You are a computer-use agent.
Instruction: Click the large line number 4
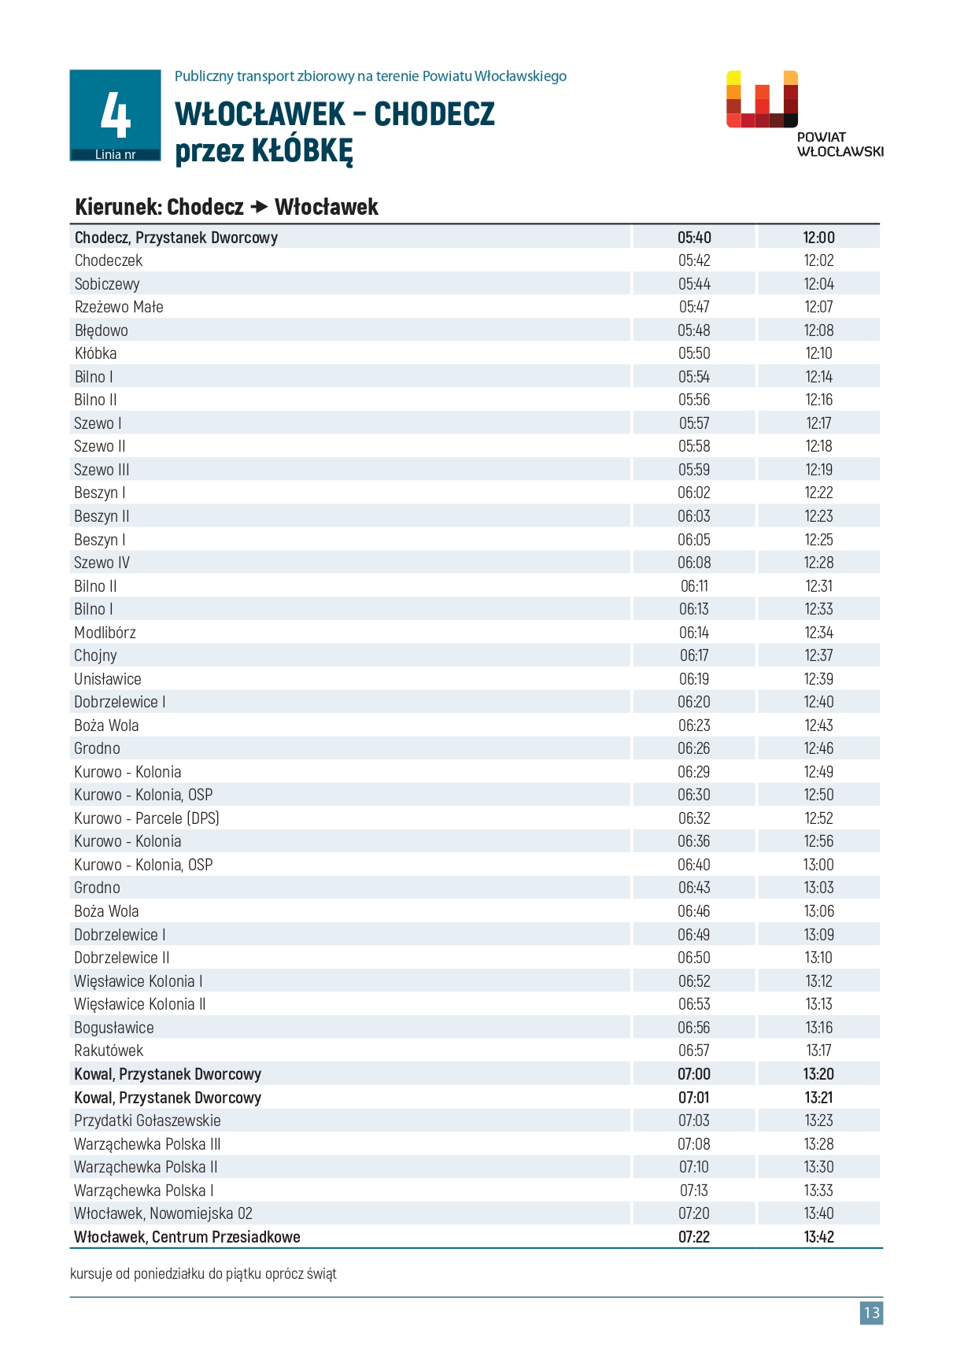point(115,115)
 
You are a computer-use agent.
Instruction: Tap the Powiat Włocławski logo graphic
point(762,99)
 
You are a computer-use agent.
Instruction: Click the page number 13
point(871,1313)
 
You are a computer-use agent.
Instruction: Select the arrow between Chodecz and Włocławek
point(259,207)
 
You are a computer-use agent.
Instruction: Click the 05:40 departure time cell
point(694,238)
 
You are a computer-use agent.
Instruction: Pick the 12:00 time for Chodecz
point(818,238)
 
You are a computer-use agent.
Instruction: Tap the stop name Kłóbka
point(95,353)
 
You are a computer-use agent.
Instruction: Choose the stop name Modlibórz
point(105,633)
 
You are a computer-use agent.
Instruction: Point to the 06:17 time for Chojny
point(694,656)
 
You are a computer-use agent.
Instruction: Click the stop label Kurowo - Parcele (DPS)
point(146,818)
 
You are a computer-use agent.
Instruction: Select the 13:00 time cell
point(818,865)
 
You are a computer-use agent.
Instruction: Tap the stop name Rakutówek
point(109,1051)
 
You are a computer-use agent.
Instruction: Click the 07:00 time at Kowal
point(694,1074)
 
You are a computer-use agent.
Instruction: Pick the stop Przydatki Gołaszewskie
point(147,1121)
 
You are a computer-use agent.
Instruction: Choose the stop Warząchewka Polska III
point(147,1144)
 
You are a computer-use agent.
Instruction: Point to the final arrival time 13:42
point(818,1237)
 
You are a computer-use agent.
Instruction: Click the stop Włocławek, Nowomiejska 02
point(163,1213)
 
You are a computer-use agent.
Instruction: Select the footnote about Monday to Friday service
point(203,1273)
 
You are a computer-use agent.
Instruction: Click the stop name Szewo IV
point(102,563)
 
